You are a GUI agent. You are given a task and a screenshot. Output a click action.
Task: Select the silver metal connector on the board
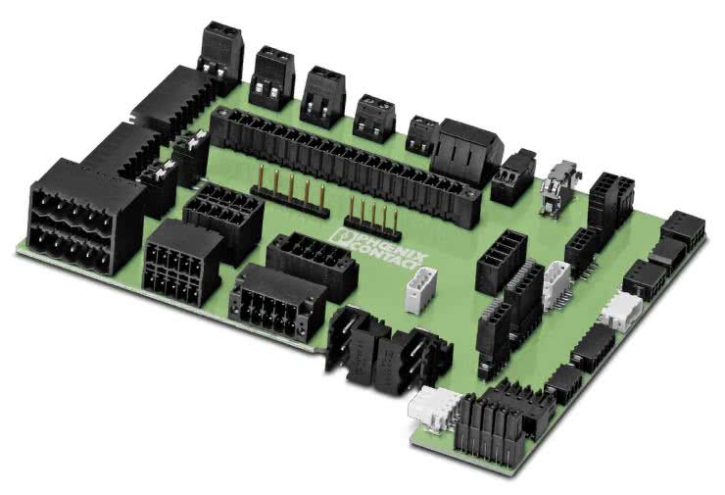coord(559,187)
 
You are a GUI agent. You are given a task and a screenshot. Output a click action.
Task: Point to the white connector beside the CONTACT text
coord(420,290)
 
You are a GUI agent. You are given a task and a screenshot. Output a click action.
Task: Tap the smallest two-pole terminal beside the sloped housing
coord(421,134)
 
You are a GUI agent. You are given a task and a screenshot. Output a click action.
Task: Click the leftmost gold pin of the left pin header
coord(262,178)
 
